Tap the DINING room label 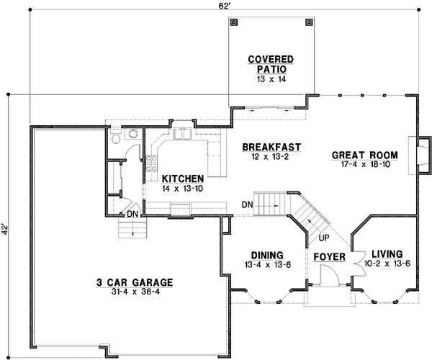tap(266, 256)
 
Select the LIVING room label tap(387, 254)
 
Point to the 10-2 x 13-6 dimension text tap(387, 264)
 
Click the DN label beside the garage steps tap(132, 214)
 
